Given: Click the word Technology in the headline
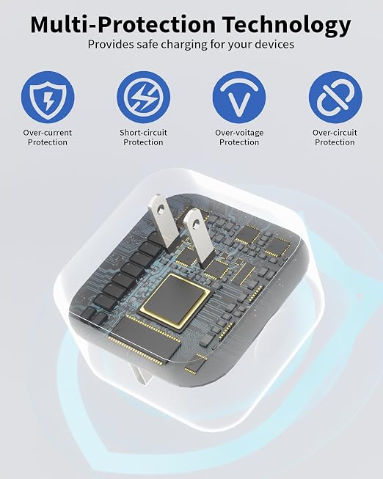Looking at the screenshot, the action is click(286, 25).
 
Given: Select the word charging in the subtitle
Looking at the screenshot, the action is click(184, 45).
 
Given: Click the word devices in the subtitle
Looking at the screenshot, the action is click(274, 44).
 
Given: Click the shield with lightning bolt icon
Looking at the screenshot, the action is click(48, 98).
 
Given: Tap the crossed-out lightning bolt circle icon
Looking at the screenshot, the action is click(143, 98).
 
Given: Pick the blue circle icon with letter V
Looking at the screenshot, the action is click(239, 98).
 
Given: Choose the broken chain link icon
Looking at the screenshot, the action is click(335, 98).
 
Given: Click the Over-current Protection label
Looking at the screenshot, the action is click(48, 137).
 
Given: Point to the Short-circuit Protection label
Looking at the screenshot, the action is click(143, 137).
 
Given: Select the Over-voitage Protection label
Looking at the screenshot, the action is click(239, 137).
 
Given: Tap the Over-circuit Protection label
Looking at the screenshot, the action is click(335, 137).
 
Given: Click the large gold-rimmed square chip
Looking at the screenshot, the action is click(174, 301).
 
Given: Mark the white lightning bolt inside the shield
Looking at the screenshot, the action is click(48, 99).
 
